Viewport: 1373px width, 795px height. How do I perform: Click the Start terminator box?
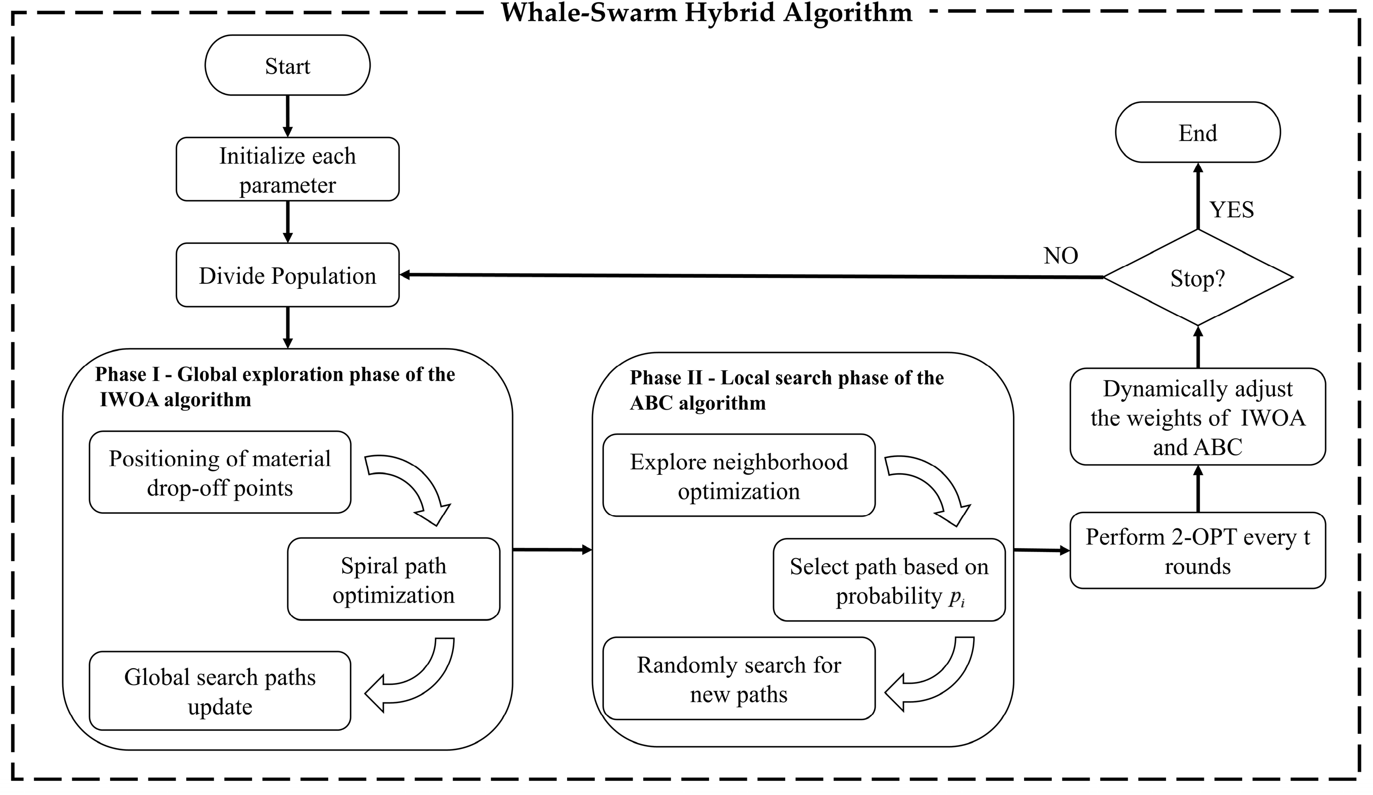(287, 65)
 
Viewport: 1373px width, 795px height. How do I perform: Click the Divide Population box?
(287, 275)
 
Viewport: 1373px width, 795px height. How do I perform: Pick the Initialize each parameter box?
(287, 170)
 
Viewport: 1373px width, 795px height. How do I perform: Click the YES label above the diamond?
(1231, 210)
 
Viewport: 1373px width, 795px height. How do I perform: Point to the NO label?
(1060, 256)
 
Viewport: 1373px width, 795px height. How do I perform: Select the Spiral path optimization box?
(393, 579)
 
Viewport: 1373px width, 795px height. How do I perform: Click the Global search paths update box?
(220, 691)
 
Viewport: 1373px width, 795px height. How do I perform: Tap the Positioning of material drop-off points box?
(220, 472)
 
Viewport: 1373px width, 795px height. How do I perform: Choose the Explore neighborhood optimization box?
(738, 476)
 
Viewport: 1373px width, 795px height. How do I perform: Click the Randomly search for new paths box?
(738, 679)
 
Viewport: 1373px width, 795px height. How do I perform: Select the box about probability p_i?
(889, 580)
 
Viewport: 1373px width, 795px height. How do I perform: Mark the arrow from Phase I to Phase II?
(551, 550)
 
